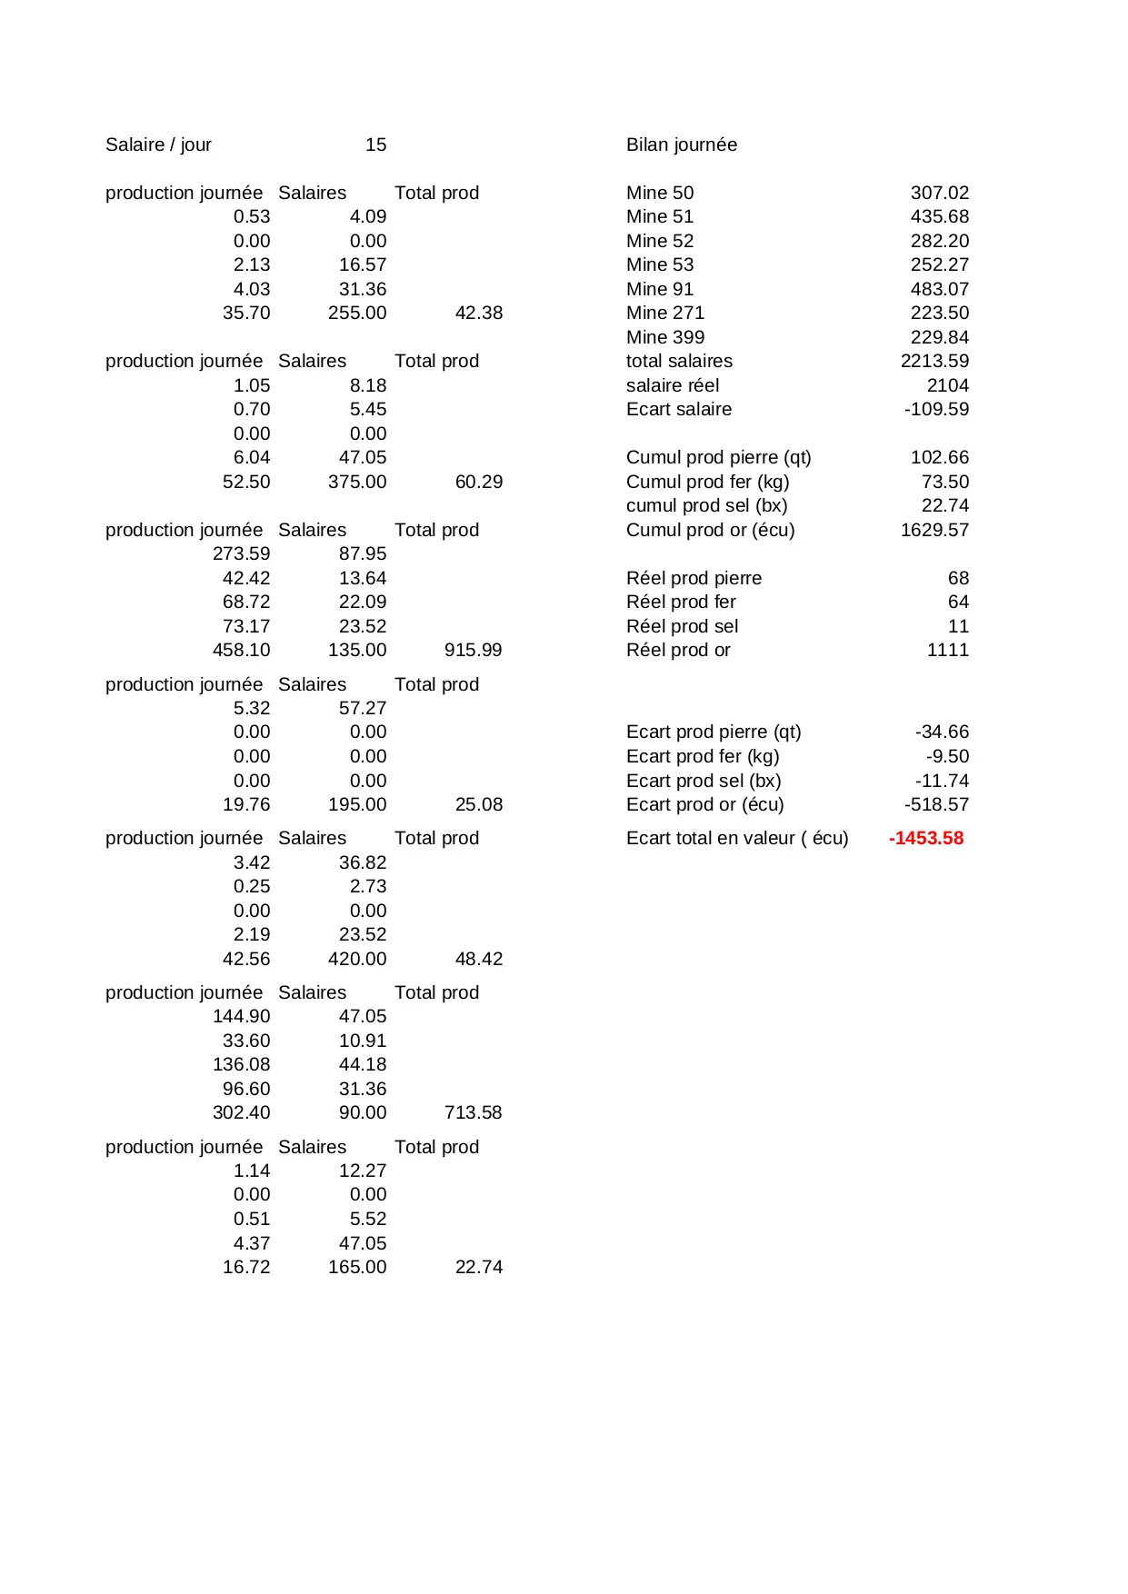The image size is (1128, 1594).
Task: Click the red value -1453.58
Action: (925, 838)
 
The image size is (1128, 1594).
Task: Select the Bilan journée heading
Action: (681, 144)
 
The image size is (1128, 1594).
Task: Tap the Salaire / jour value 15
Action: (375, 144)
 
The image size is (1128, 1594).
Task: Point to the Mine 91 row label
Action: (659, 289)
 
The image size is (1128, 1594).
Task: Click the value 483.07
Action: (939, 289)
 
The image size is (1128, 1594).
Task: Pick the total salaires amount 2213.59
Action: (934, 361)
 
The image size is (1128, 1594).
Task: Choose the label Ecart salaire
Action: (678, 409)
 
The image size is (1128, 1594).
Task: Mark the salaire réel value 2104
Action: (947, 385)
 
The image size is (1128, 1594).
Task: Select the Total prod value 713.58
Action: (473, 1112)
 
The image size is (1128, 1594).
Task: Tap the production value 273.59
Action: (241, 553)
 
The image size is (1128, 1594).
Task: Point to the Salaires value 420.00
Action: (356, 959)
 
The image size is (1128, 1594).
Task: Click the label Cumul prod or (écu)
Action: (710, 530)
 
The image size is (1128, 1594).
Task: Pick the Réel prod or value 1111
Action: (947, 650)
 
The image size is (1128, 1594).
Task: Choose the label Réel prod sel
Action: (682, 626)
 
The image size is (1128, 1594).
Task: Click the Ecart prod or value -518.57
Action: (936, 804)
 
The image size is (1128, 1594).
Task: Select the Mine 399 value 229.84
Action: (939, 337)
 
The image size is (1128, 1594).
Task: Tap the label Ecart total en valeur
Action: (736, 838)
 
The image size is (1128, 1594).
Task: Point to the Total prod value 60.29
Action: (478, 482)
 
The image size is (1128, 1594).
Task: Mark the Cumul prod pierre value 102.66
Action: (939, 457)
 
